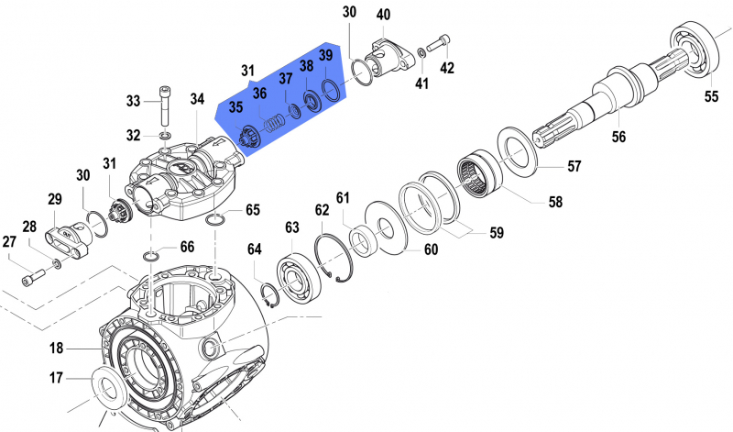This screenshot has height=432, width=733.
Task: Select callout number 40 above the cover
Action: coord(382,15)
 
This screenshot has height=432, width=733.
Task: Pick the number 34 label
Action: coord(198,99)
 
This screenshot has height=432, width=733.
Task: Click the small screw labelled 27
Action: coord(35,272)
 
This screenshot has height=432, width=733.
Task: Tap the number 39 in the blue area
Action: coord(325,56)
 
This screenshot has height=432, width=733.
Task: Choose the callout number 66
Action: coord(186,247)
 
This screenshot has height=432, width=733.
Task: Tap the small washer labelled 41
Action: coord(421,51)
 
